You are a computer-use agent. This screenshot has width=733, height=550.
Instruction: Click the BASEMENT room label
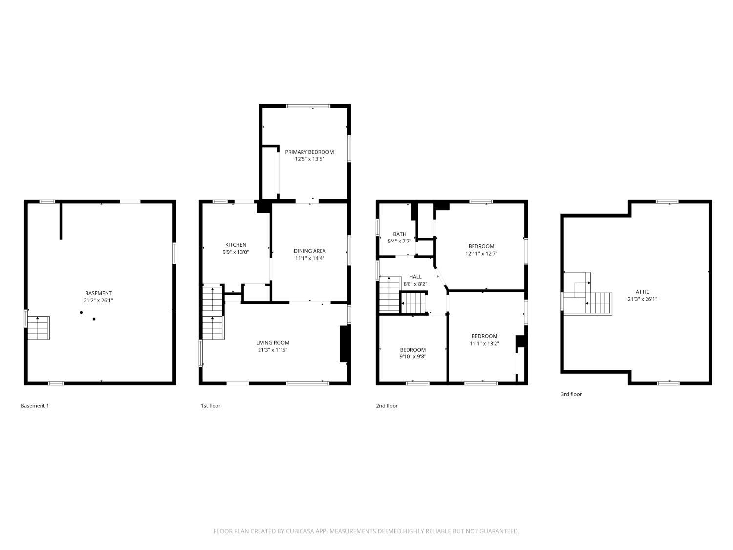[98, 293]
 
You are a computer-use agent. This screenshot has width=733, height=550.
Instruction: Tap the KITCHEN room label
[236, 245]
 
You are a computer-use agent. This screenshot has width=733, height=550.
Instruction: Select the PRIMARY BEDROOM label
[309, 152]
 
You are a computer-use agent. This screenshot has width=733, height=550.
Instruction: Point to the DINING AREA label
[309, 251]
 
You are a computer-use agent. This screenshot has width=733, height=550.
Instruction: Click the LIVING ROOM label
[273, 342]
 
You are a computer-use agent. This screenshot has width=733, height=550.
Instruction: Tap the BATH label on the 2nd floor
[399, 234]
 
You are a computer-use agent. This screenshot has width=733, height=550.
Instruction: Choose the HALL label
[415, 277]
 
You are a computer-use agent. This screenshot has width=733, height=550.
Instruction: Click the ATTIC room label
[643, 292]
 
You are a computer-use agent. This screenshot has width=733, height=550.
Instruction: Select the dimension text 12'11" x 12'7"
[481, 253]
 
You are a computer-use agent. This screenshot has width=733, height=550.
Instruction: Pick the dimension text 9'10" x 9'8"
[413, 356]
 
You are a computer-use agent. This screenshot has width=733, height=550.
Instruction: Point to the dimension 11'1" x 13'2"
[484, 343]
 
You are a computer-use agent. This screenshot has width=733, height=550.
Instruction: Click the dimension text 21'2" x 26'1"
[98, 300]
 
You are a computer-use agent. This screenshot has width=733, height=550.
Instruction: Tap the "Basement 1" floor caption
[35, 406]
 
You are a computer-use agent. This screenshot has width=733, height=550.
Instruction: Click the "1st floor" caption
[211, 406]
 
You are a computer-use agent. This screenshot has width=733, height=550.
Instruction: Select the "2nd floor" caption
[387, 406]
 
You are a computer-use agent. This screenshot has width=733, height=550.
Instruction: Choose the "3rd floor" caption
[571, 394]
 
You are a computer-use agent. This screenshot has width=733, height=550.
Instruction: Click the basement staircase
[39, 328]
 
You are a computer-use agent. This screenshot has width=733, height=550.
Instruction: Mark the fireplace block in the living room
[345, 344]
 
